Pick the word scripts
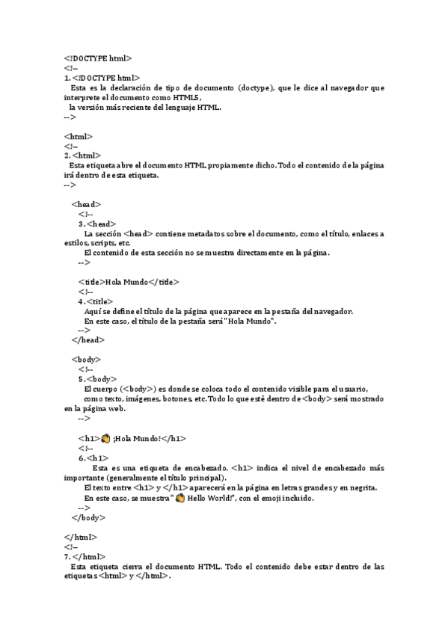pyautogui.click(x=105, y=243)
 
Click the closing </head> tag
pyautogui.click(x=88, y=340)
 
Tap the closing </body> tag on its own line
pyautogui.click(x=88, y=517)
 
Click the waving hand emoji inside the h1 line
pyautogui.click(x=105, y=439)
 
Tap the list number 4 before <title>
pyautogui.click(x=81, y=301)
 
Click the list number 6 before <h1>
pyautogui.click(x=81, y=458)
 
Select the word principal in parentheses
pyautogui.click(x=203, y=478)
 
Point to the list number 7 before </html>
pyautogui.click(x=67, y=557)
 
